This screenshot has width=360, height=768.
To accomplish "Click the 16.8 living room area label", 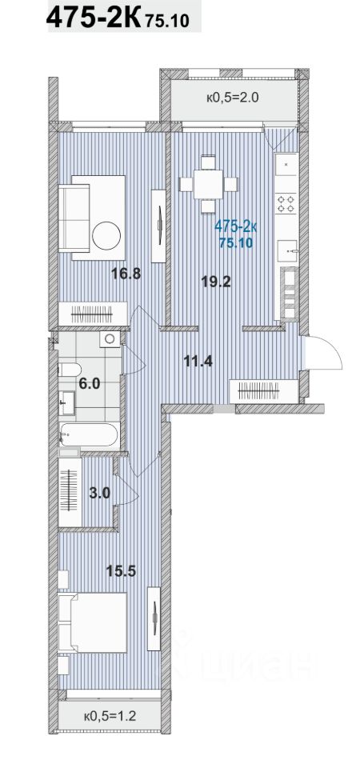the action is pos(126,274).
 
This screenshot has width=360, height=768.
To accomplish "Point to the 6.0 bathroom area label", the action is pos(89,383).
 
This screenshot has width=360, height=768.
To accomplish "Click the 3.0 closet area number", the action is pos(99,493).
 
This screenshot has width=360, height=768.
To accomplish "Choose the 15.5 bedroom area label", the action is pos(121,570).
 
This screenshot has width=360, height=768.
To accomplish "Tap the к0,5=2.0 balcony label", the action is pos(232,98).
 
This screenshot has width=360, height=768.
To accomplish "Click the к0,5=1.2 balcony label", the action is pos(110,717).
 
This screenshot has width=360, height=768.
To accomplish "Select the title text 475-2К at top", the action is pos(94,18).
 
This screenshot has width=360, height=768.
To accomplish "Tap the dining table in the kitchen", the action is pos(208,184).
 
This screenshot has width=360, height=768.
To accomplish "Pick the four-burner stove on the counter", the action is pos(286,203).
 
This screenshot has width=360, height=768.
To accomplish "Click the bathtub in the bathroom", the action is pos(89,434).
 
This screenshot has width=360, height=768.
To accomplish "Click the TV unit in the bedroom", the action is pos(154,618).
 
